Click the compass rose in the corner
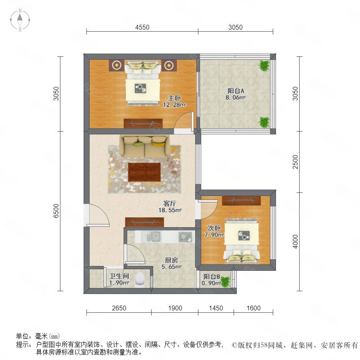[x=20, y=20]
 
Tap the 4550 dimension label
[x=142, y=27]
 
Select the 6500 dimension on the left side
[x=56, y=211]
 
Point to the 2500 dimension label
[x=295, y=162]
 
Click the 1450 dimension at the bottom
[x=216, y=308]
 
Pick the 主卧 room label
[x=174, y=98]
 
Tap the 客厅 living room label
[x=170, y=204]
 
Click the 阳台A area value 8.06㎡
[x=236, y=97]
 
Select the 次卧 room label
[x=214, y=228]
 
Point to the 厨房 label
[x=171, y=260]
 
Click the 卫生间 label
[x=119, y=276]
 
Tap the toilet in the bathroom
[x=140, y=280]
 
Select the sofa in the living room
[x=144, y=146]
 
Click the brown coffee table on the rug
[x=144, y=172]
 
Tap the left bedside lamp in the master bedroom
[x=117, y=65]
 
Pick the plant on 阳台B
[x=226, y=282]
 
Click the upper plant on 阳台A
[x=264, y=66]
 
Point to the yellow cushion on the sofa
[x=159, y=144]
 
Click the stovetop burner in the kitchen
[x=185, y=237]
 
